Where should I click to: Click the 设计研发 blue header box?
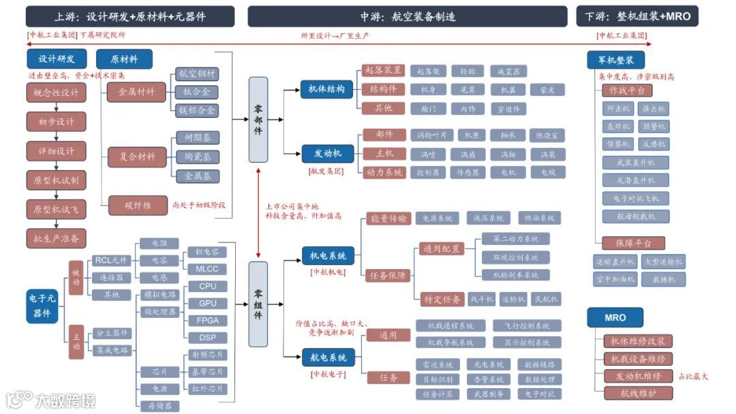[57, 59]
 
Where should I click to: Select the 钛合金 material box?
[196, 92]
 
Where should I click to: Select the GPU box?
[208, 303]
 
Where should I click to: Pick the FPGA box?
[208, 320]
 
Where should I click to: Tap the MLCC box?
[206, 269]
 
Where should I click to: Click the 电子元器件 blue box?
[42, 304]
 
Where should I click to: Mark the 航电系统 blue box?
[328, 357]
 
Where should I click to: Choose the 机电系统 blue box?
[328, 256]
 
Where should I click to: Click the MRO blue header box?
[615, 317]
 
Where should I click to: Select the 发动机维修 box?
[638, 376]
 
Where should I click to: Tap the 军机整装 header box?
[615, 60]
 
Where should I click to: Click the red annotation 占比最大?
[693, 376]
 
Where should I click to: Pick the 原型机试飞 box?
[57, 208]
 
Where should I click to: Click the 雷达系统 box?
[438, 364]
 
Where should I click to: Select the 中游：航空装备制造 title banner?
[408, 16]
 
